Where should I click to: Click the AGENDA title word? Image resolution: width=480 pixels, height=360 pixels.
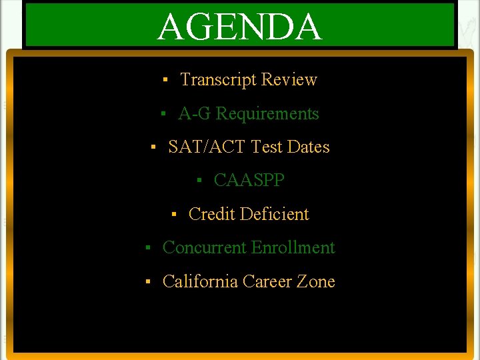(x=239, y=27)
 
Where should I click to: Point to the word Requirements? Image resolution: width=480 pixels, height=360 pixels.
(x=267, y=114)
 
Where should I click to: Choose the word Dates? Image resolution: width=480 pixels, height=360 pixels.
(x=308, y=147)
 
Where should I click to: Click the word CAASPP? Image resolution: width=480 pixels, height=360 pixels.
(x=249, y=181)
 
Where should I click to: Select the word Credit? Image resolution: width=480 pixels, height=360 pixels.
(x=212, y=215)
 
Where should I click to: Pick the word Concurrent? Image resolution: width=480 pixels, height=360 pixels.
(x=204, y=248)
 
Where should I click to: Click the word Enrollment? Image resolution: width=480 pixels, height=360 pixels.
(x=293, y=248)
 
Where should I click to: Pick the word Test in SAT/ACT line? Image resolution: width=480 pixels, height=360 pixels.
(x=266, y=147)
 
